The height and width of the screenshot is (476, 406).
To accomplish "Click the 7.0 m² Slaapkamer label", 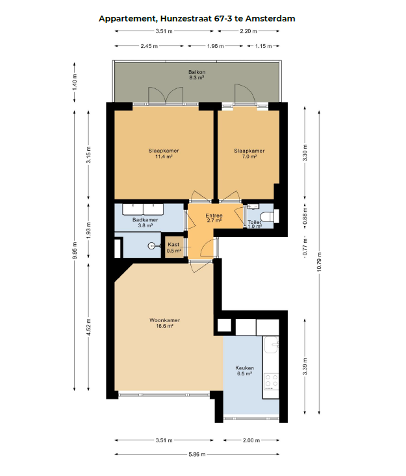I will click(x=249, y=153).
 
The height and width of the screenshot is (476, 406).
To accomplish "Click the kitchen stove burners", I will click(x=271, y=381).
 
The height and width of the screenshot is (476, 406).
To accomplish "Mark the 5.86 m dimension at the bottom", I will click(x=198, y=454).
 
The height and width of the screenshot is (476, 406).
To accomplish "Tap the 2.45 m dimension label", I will click(x=151, y=46).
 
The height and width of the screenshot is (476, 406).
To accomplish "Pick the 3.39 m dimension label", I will click(x=305, y=367).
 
